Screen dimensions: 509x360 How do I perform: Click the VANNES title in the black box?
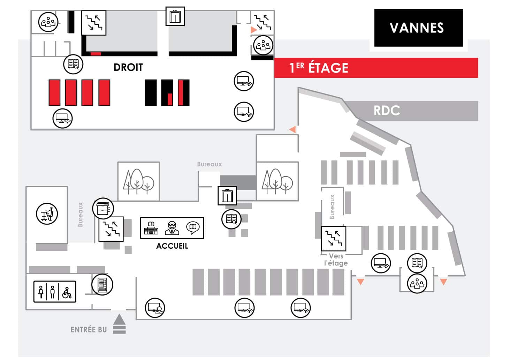click(x=417, y=28)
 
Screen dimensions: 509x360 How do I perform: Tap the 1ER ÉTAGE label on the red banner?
click(x=319, y=68)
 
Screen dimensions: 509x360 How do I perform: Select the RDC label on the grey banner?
click(x=387, y=111)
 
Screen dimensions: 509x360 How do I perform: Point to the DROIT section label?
click(x=128, y=67)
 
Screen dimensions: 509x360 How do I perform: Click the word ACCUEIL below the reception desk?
click(x=172, y=246)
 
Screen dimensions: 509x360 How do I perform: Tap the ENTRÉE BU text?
click(x=89, y=330)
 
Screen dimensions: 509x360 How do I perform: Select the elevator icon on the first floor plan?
click(x=175, y=16)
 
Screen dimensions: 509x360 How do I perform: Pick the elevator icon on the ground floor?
click(x=227, y=196)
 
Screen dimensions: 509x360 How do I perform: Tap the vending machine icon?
click(x=102, y=285)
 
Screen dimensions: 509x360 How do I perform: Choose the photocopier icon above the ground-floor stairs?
click(x=103, y=209)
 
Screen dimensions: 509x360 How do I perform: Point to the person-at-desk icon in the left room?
click(x=47, y=214)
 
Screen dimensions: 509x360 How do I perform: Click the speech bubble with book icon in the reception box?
click(x=193, y=228)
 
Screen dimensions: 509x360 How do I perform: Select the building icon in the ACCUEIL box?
click(x=151, y=228)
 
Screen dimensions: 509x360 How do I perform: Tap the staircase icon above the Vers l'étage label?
click(x=334, y=239)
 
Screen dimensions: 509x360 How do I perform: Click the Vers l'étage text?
click(x=336, y=260)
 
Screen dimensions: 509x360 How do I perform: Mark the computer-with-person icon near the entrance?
click(x=155, y=308)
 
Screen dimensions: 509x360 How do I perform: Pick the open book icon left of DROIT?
click(x=73, y=64)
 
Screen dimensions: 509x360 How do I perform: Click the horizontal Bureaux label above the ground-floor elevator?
click(x=209, y=164)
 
